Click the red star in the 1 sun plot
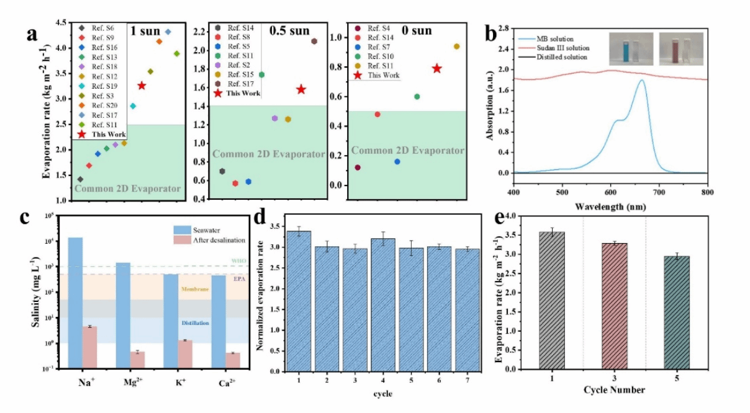(x=142, y=86)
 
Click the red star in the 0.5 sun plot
(x=301, y=89)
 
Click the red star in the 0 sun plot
(x=437, y=68)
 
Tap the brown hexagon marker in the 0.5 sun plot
(x=314, y=41)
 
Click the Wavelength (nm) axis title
(x=610, y=205)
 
